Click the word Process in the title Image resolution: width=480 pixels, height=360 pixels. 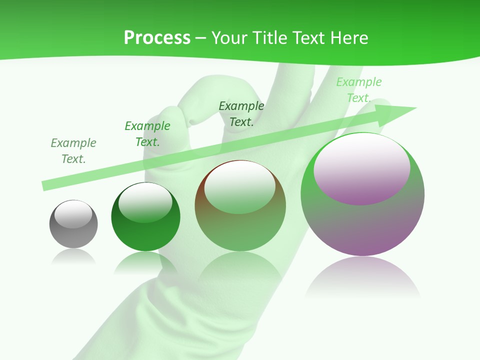pyautogui.click(x=157, y=38)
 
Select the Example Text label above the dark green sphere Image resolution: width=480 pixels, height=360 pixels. pyautogui.click(x=147, y=134)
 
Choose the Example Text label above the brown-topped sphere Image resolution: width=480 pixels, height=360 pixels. pyautogui.click(x=241, y=114)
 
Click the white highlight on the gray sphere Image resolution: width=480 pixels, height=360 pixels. pyautogui.click(x=73, y=214)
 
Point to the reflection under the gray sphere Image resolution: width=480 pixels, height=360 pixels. pyautogui.click(x=73, y=257)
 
